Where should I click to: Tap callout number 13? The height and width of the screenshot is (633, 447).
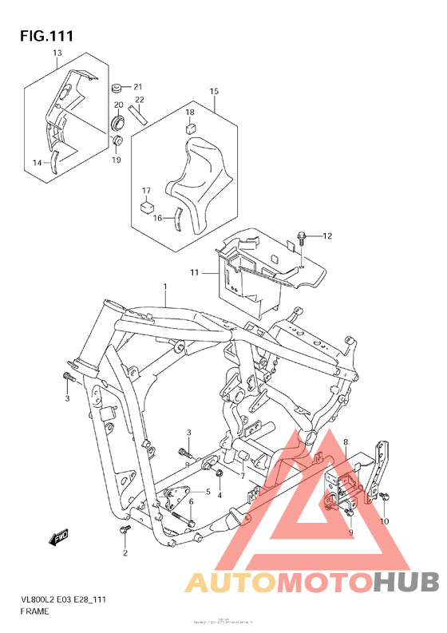(x=57, y=53)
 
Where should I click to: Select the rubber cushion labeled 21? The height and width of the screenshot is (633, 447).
(x=117, y=86)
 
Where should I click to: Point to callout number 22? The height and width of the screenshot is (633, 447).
(x=139, y=100)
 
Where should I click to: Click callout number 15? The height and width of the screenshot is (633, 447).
(x=214, y=92)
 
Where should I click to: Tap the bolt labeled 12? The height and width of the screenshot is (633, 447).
(x=301, y=235)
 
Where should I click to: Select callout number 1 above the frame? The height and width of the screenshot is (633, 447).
(x=165, y=286)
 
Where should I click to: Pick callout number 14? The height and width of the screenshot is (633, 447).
(x=38, y=163)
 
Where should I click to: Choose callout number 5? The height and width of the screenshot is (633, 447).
(x=208, y=492)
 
